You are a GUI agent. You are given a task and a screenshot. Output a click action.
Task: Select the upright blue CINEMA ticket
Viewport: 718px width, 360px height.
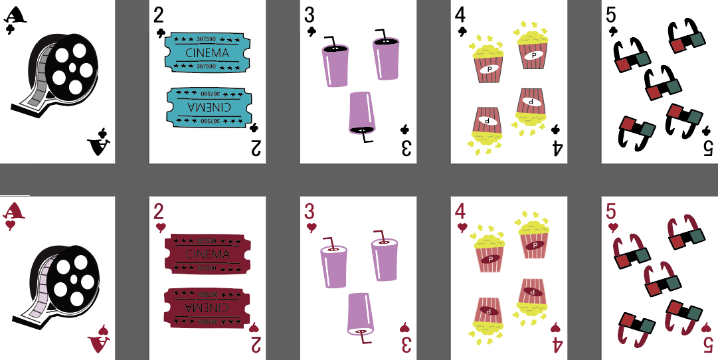207,52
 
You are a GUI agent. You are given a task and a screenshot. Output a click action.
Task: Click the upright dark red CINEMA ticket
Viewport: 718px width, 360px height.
207,254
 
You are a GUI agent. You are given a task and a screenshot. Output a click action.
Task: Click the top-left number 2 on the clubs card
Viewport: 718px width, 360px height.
159,14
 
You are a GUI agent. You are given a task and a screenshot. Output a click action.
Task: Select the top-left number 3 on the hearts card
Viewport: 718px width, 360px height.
310,212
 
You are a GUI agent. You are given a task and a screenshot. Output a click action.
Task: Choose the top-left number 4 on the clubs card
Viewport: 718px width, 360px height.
460,14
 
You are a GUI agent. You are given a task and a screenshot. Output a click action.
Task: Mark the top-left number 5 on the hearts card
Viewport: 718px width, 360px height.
611,212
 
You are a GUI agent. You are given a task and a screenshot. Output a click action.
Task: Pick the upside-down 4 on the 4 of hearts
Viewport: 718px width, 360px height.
557,345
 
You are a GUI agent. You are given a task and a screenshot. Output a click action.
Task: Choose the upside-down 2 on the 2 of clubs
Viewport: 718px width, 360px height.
255,148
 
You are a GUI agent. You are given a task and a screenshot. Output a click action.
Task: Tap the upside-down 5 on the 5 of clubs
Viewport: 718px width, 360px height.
707,148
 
